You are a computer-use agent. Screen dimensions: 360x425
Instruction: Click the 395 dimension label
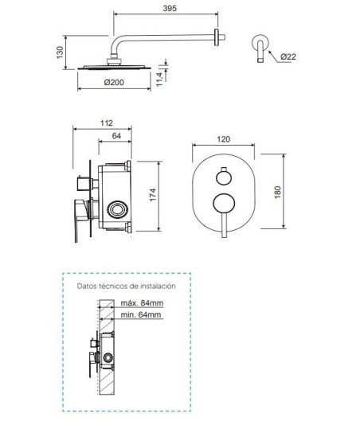[x=170, y=8]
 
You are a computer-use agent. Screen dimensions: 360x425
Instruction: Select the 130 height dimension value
[x=60, y=53]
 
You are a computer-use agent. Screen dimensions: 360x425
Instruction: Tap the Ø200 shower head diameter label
[x=114, y=82]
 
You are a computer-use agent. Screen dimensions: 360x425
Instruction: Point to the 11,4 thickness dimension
[x=159, y=79]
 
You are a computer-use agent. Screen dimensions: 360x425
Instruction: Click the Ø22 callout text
[x=288, y=57]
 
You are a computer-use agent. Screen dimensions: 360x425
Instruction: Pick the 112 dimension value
[x=107, y=123]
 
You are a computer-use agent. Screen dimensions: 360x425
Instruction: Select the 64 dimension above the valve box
[x=116, y=136]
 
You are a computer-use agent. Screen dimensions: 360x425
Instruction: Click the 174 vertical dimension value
[x=153, y=195]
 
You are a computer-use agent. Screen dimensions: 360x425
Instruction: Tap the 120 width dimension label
[x=224, y=139]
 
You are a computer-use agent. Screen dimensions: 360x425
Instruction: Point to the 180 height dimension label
[x=277, y=192]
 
